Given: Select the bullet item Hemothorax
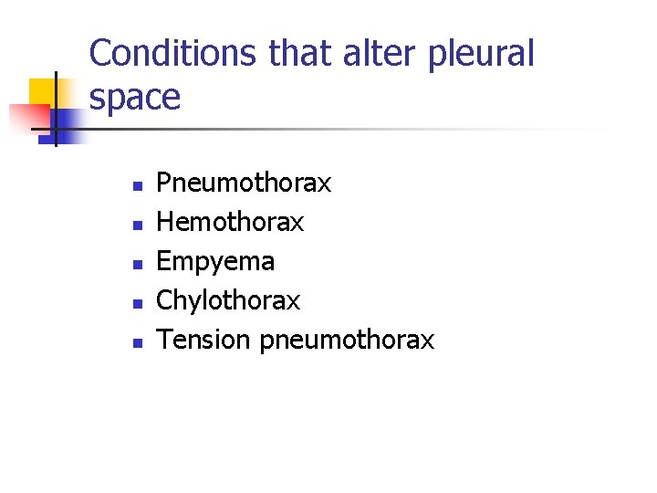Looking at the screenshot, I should [230, 222].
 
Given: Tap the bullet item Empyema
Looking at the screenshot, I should [215, 262].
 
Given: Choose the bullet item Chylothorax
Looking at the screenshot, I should [228, 300].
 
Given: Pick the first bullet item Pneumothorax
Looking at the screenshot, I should [244, 183].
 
